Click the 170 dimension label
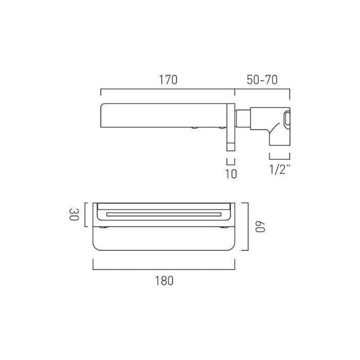click(168, 80)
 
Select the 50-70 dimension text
click(262, 80)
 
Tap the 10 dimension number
click(231, 174)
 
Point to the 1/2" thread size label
click(280, 170)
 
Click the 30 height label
click(74, 214)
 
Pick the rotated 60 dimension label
click(260, 227)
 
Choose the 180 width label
click(164, 281)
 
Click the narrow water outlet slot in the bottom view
click(164, 214)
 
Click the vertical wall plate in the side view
click(231, 127)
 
